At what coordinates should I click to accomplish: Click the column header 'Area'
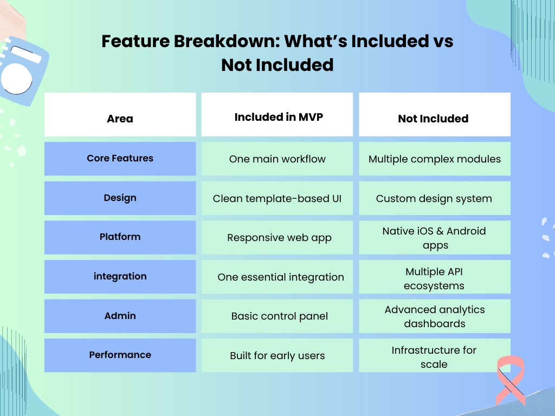[x=120, y=119]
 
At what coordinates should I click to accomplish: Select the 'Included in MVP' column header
[x=279, y=117]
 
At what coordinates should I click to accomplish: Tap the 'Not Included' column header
[x=433, y=119]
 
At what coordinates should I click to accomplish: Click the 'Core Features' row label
[x=120, y=158]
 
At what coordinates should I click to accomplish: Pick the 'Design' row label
[x=120, y=198]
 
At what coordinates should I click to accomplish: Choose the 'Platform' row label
[x=120, y=237]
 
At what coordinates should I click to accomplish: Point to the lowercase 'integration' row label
[x=120, y=276]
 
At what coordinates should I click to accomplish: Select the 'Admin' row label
[x=120, y=316]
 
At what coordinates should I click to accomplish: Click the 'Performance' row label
[x=120, y=355]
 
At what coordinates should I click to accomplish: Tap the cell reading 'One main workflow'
[x=277, y=159]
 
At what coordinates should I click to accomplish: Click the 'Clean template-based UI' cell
[x=277, y=198]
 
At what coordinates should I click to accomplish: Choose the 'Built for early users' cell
[x=277, y=356]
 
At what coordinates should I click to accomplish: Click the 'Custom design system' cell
[x=434, y=198]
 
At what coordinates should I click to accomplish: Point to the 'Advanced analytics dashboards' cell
[x=435, y=316]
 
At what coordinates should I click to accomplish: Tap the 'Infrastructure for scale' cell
[x=434, y=357]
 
